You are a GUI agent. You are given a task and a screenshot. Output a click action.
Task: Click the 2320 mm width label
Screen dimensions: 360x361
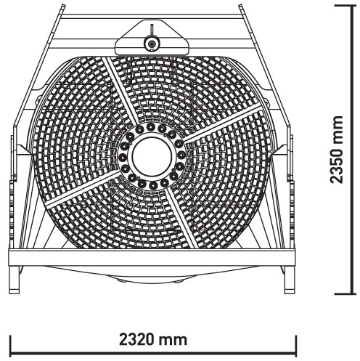click(x=153, y=339)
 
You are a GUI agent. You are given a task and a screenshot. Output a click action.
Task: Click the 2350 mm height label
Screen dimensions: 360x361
click(x=337, y=150)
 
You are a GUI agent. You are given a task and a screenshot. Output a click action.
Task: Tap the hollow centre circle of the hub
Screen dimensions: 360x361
click(x=152, y=155)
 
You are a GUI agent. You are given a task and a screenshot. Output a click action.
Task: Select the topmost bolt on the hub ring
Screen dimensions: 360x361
click(x=150, y=126)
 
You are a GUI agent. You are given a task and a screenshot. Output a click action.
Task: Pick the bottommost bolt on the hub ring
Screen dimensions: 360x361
click(x=153, y=185)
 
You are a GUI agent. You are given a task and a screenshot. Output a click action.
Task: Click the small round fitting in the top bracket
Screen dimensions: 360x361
click(x=152, y=44)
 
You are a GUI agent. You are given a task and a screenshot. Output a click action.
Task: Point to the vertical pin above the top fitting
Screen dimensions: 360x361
click(x=152, y=31)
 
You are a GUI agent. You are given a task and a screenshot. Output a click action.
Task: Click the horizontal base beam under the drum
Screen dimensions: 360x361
click(x=152, y=257)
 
